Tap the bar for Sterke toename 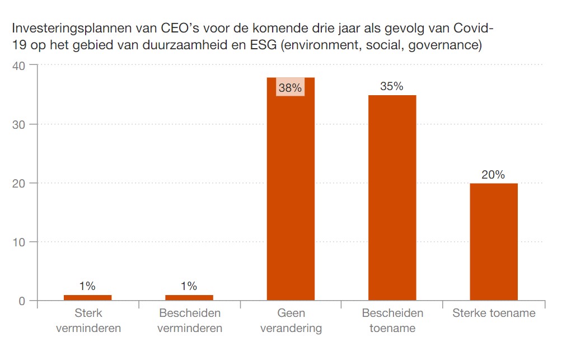tap(493, 242)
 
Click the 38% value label tap(290, 88)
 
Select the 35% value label tap(391, 86)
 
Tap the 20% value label tap(493, 175)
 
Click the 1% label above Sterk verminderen tap(87, 286)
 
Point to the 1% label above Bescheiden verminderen tap(189, 286)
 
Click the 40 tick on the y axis tap(20, 66)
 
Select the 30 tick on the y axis tap(20, 124)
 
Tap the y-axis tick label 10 tap(20, 242)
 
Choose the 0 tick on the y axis tap(22, 301)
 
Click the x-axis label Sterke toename tap(494, 313)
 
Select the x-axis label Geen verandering tap(291, 320)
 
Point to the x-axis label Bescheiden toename tap(392, 320)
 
